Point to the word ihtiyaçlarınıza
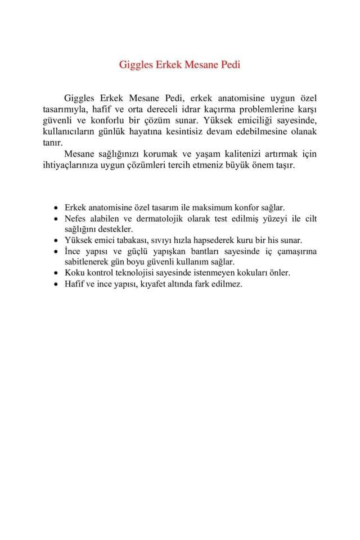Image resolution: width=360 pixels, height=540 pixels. click(75, 166)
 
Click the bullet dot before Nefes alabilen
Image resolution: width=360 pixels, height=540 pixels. click(55, 218)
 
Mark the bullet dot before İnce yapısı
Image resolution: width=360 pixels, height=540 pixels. click(55, 251)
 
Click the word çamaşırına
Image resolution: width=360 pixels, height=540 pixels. click(293, 251)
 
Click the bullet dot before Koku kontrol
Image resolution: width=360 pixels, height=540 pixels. click(55, 273)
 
